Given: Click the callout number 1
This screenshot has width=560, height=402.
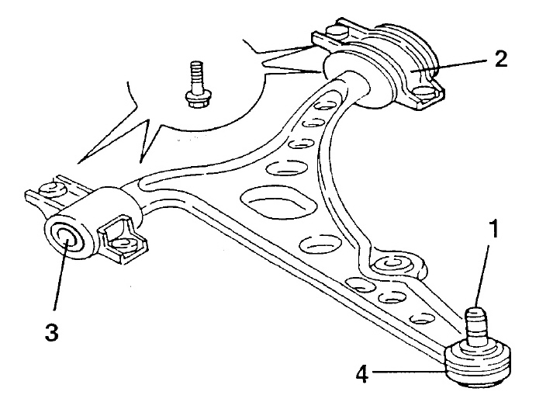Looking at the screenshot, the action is [x=493, y=229].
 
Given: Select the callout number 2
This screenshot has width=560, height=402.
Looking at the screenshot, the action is [x=501, y=59].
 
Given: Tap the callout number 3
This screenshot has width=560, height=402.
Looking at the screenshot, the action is [x=51, y=331].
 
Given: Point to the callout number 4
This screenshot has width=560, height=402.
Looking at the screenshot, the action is [x=362, y=375].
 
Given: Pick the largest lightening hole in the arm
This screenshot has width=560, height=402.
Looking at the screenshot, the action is [x=278, y=203].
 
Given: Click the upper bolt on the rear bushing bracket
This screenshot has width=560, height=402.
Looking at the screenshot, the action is [x=337, y=32].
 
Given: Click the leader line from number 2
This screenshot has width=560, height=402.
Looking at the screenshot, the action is [x=450, y=66].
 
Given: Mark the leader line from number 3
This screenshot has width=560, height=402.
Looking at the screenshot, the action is [x=60, y=276].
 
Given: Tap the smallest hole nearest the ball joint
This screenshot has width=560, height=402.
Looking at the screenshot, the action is [x=423, y=317].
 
